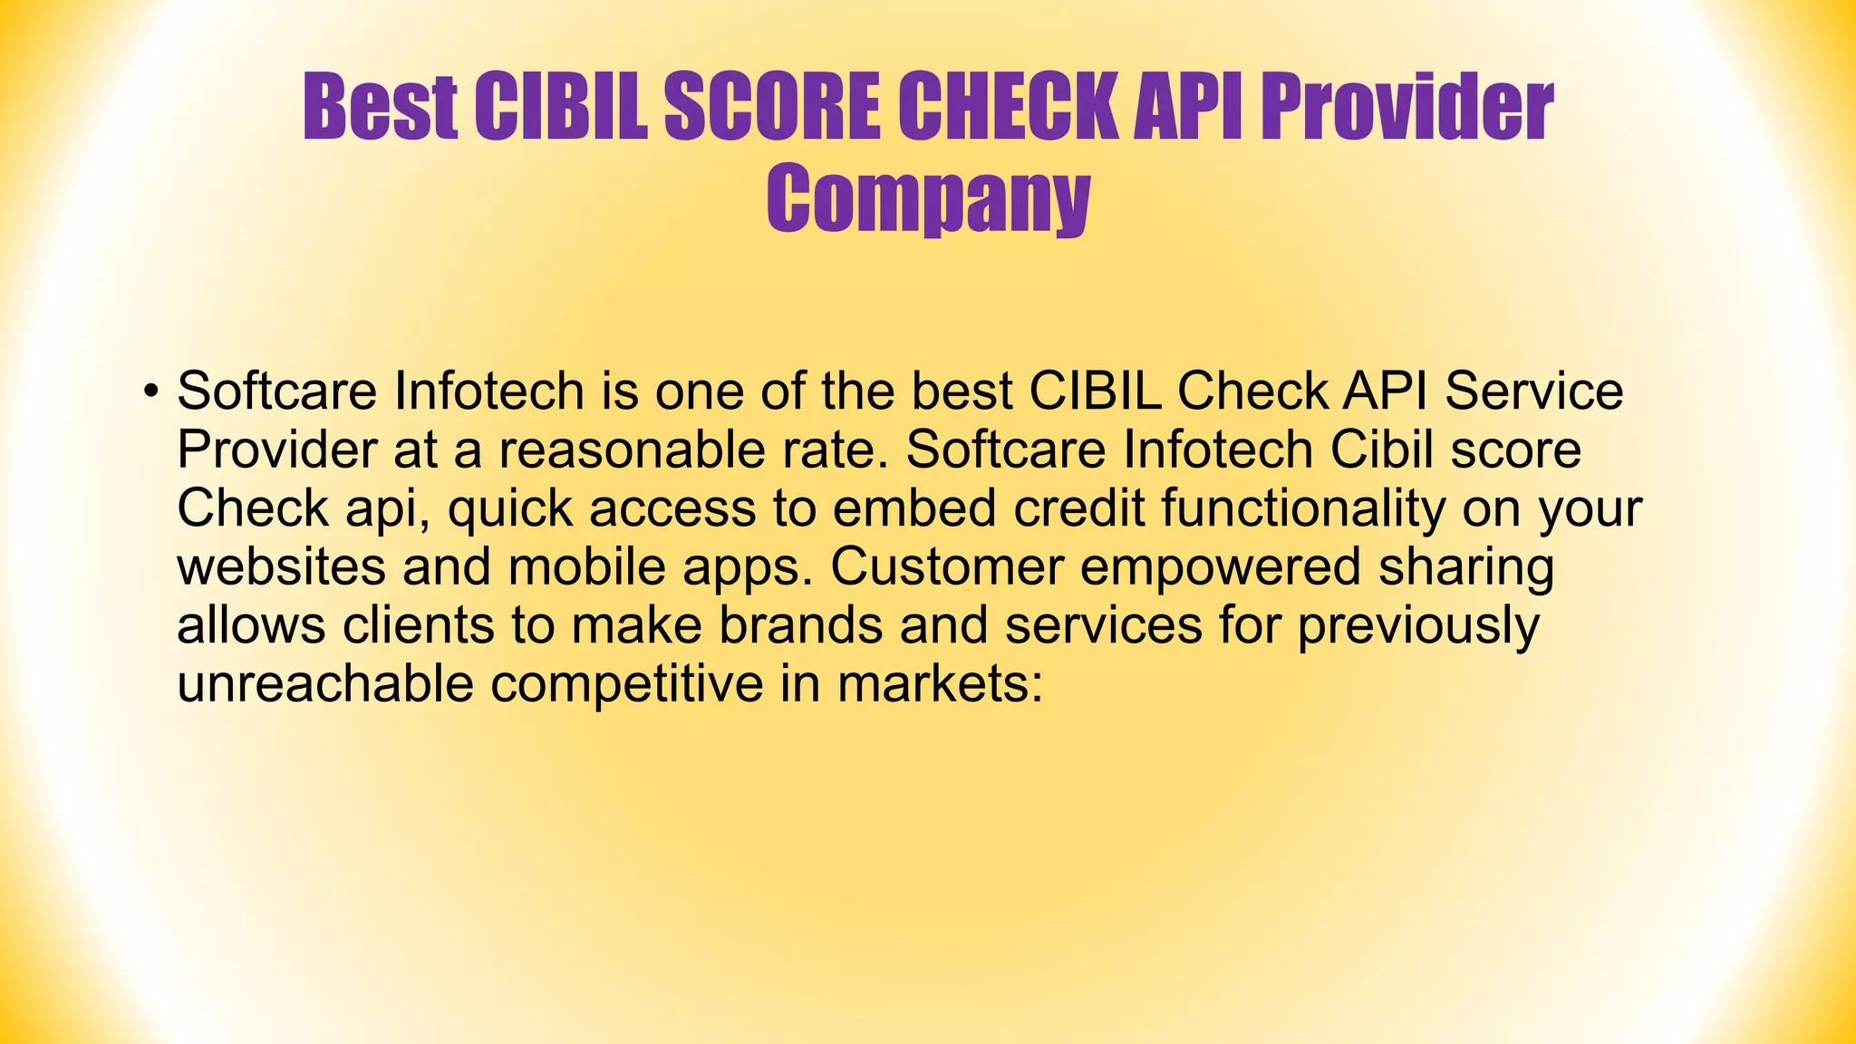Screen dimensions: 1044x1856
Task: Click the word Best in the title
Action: click(x=380, y=109)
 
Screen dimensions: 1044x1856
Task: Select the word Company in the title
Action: click(x=928, y=199)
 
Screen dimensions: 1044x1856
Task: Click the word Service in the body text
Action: click(x=1533, y=391)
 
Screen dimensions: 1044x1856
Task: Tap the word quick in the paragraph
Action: click(x=510, y=509)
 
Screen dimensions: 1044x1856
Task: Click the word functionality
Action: click(x=1303, y=509)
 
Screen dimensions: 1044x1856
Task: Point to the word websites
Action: click(x=282, y=567)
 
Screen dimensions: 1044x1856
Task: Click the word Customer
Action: click(x=946, y=567)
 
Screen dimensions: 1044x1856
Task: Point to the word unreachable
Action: click(x=325, y=684)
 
